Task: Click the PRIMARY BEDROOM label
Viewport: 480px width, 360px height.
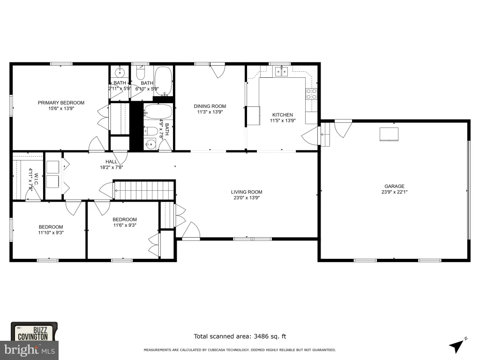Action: pyautogui.click(x=61, y=103)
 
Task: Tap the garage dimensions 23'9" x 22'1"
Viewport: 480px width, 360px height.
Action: pyautogui.click(x=394, y=192)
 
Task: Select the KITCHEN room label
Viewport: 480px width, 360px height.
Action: pyautogui.click(x=283, y=115)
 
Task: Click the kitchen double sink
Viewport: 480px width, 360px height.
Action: pyautogui.click(x=281, y=72)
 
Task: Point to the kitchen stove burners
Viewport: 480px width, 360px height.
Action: pyautogui.click(x=311, y=94)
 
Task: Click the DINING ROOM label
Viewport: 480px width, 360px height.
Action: pyautogui.click(x=210, y=106)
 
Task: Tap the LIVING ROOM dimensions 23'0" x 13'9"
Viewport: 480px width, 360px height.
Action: pyautogui.click(x=247, y=198)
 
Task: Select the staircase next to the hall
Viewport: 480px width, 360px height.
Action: pyautogui.click(x=143, y=190)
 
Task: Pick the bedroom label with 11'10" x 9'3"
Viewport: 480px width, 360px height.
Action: pyautogui.click(x=51, y=227)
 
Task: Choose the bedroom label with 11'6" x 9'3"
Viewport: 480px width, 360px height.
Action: pyautogui.click(x=125, y=219)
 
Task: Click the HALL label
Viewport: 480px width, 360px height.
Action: pyautogui.click(x=111, y=162)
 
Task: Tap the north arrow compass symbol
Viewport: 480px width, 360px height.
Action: pyautogui.click(x=458, y=345)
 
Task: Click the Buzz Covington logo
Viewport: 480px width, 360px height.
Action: pyautogui.click(x=34, y=331)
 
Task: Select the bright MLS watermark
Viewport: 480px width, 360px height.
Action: pyautogui.click(x=30, y=350)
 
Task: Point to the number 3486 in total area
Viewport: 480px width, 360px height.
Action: pyautogui.click(x=261, y=336)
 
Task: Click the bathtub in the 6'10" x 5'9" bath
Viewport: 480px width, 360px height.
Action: pyautogui.click(x=163, y=81)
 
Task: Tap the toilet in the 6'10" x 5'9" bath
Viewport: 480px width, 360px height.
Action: pyautogui.click(x=141, y=73)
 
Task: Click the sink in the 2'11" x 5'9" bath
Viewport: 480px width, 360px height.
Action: pyautogui.click(x=120, y=73)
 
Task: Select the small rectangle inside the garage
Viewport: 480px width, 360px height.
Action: pyautogui.click(x=389, y=134)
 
